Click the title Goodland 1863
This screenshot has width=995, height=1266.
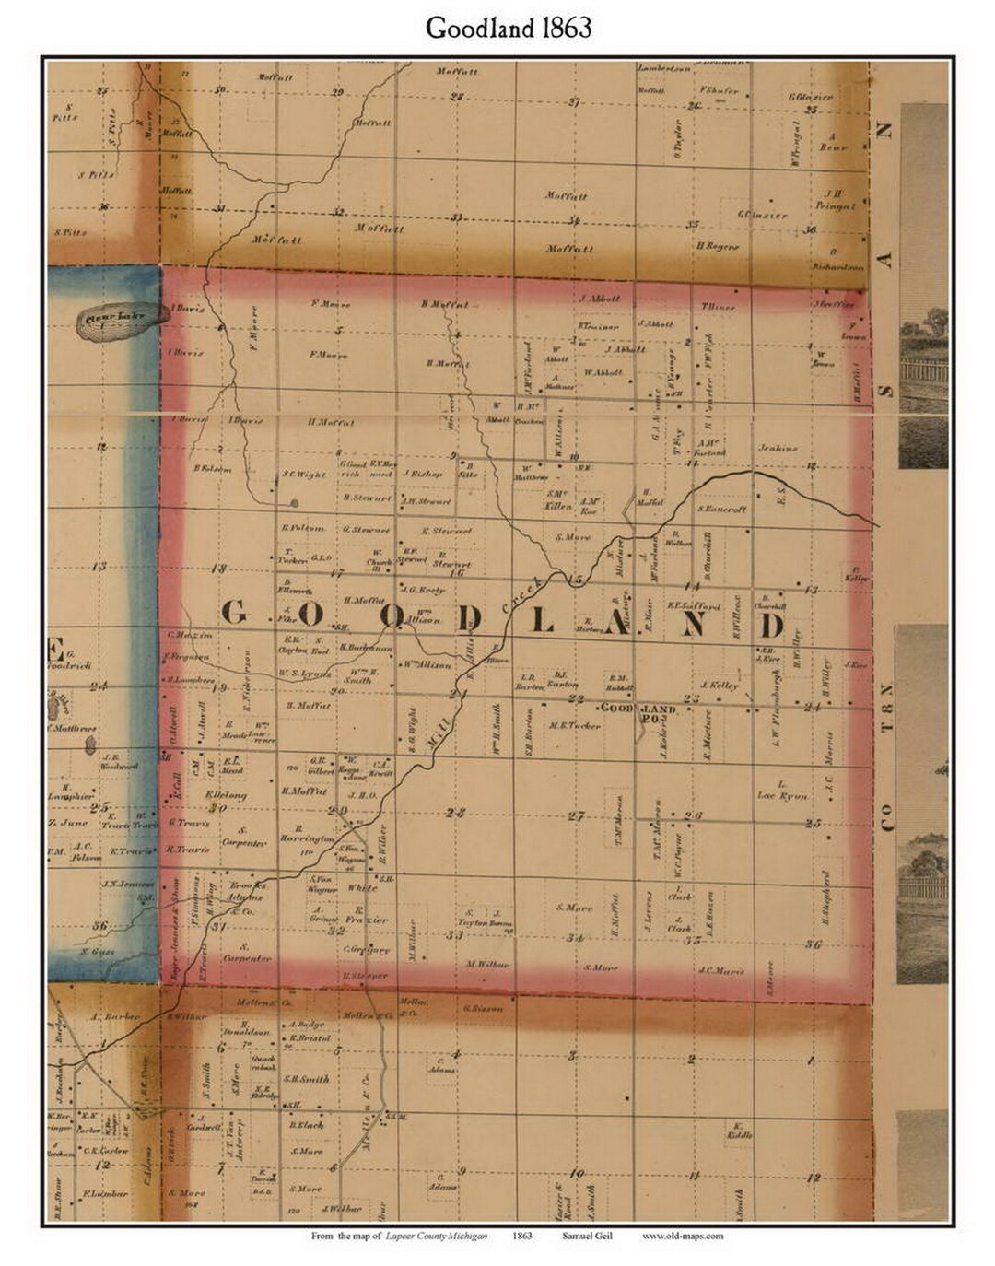tap(508, 29)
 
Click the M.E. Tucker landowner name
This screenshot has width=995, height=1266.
tap(575, 725)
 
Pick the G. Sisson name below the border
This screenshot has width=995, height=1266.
tap(484, 1008)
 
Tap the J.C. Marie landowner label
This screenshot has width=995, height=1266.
tap(720, 968)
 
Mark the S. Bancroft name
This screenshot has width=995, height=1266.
tap(721, 509)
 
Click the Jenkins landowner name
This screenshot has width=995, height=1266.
tap(777, 449)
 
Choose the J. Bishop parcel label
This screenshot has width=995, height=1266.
tap(423, 474)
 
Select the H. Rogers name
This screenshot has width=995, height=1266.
tap(718, 246)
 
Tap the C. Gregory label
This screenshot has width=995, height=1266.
tap(367, 949)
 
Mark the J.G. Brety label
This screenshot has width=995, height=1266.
tap(424, 590)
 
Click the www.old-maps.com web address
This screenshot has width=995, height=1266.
tap(683, 1236)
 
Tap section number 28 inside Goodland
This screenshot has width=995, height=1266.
tap(455, 812)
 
